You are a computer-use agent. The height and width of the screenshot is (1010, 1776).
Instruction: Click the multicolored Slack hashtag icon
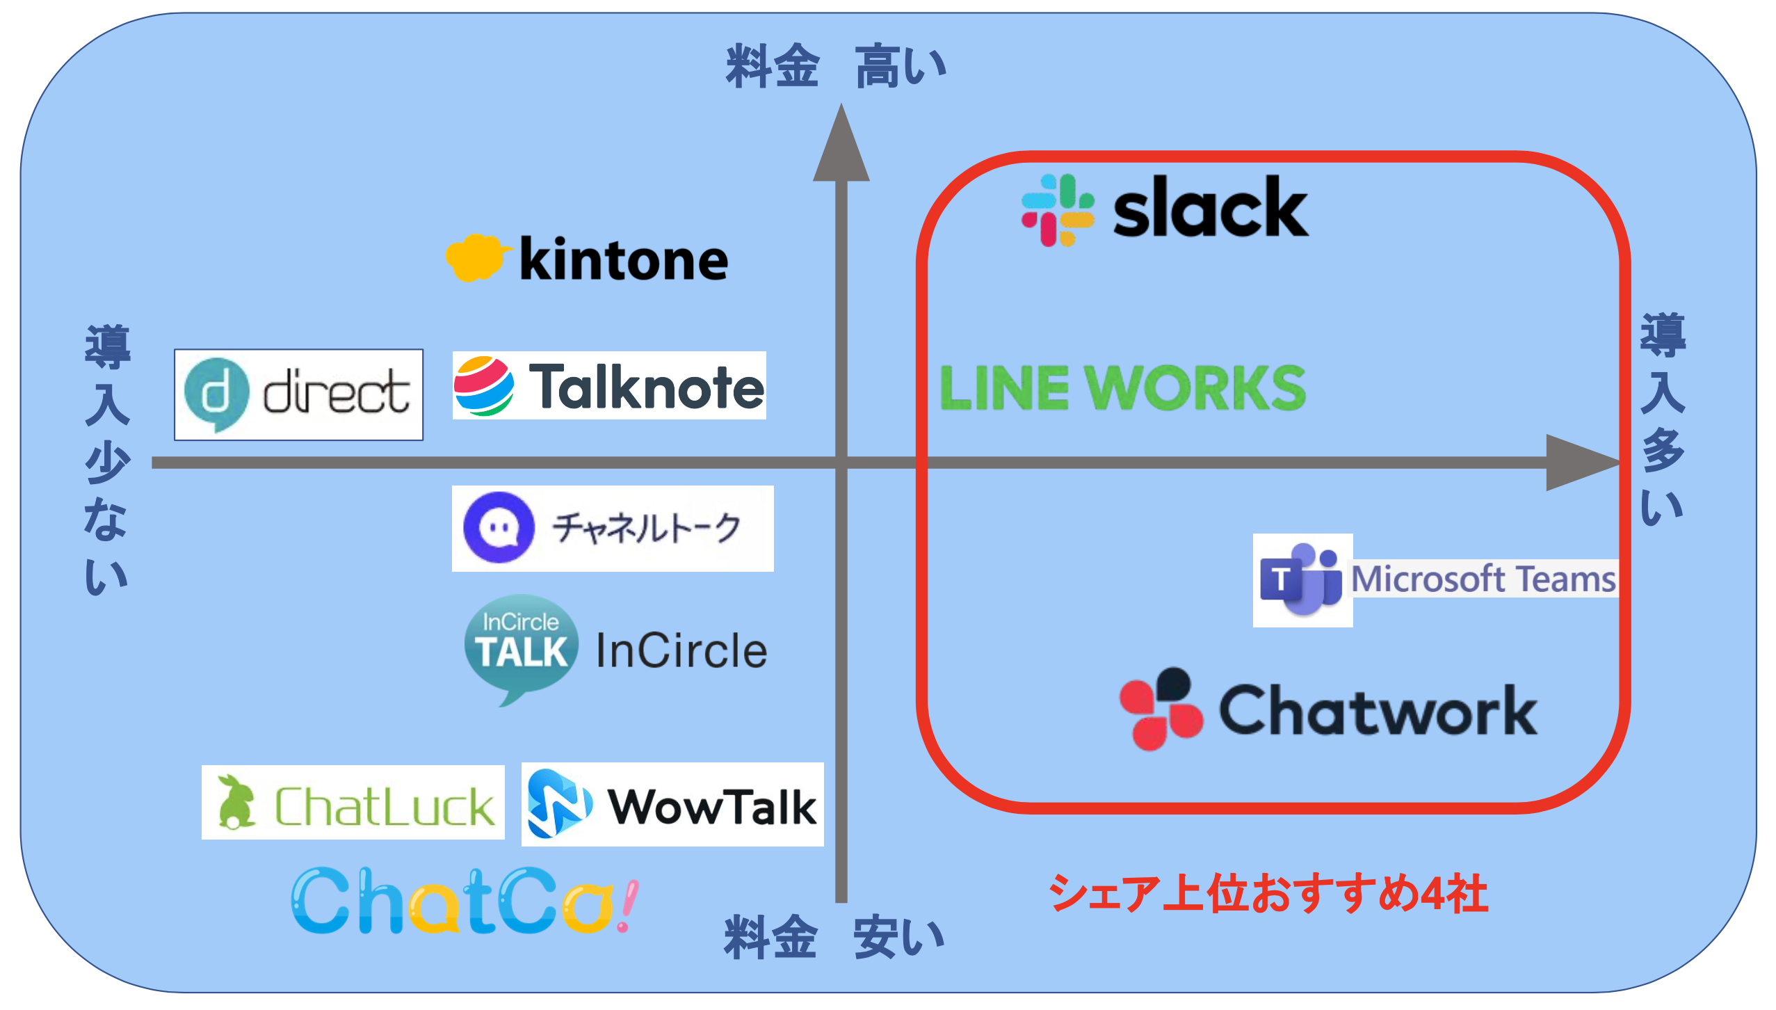coord(1057,210)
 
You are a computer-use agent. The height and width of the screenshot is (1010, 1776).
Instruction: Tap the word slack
coord(1210,209)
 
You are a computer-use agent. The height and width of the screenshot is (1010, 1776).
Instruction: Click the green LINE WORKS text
coord(1122,388)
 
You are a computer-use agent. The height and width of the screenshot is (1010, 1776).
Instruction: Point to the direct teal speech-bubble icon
coord(216,394)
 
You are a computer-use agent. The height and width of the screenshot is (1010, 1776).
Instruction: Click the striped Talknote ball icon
coord(484,386)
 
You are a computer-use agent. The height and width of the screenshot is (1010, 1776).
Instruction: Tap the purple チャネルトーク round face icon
coord(499,527)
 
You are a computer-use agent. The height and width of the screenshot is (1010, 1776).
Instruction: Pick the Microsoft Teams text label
coord(1483,579)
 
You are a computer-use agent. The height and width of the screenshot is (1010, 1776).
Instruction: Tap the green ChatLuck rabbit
coord(235,803)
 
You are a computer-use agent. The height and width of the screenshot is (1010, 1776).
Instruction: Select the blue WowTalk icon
coord(559,804)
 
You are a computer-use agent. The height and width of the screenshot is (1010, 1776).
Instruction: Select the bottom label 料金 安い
coord(834,938)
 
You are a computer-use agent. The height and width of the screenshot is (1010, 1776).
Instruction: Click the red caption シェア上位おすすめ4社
coord(1268,893)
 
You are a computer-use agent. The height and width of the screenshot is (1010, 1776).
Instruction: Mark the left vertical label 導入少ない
coord(106,459)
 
